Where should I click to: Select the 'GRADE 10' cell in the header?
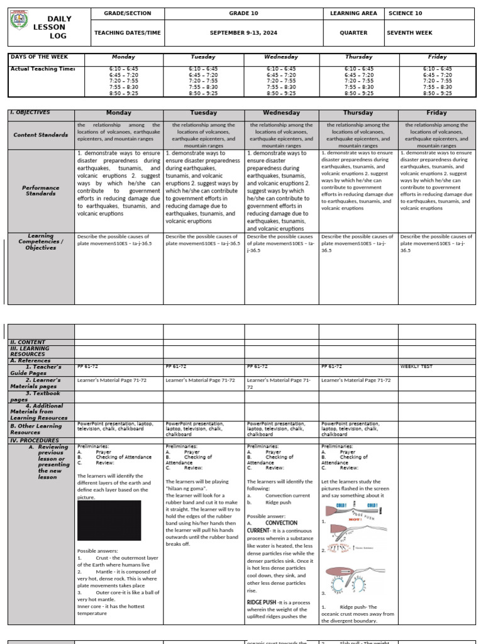click(x=243, y=13)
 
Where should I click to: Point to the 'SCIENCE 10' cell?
click(x=406, y=13)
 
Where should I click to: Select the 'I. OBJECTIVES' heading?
click(x=30, y=113)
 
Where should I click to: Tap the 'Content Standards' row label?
click(x=42, y=135)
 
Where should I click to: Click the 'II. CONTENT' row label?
click(x=28, y=343)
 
